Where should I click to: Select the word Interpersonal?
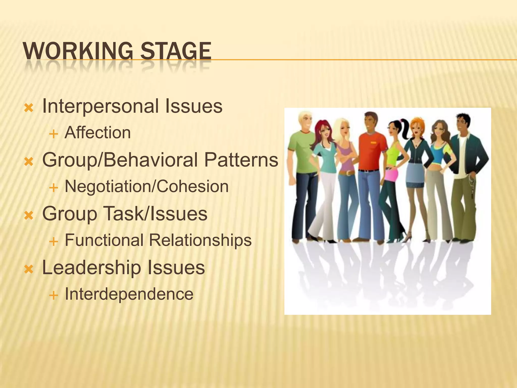[100, 106]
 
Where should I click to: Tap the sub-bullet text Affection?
[98, 133]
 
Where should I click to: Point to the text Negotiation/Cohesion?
[147, 187]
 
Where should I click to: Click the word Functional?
[104, 240]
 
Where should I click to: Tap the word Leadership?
[91, 268]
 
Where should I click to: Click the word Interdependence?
[129, 294]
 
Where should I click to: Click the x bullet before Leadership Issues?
[29, 270]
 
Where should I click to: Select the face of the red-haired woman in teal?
[324, 131]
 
